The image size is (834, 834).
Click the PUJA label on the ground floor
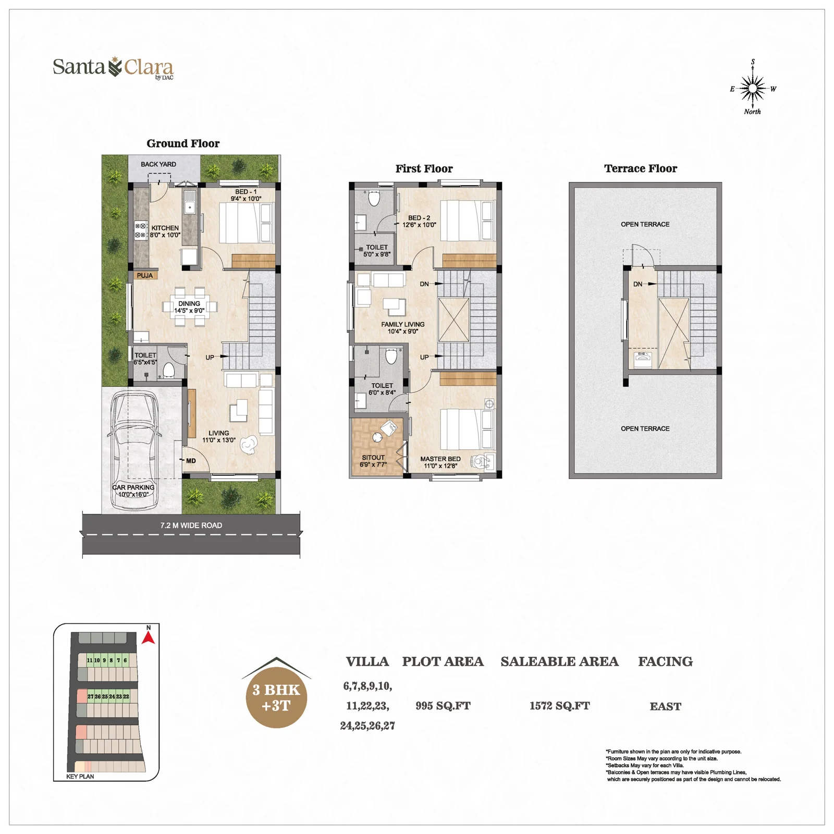145,276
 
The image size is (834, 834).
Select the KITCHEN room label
165,228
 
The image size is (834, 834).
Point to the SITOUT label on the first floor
373,457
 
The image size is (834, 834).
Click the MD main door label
191,461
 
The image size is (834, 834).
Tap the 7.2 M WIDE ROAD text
191,525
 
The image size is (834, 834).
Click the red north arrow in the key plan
149,637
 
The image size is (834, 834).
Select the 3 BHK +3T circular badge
276,697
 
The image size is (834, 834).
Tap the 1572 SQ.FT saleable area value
560,706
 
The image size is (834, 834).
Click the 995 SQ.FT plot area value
443,706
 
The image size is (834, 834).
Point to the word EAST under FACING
666,706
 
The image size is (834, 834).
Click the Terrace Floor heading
641,168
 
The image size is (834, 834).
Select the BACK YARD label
158,164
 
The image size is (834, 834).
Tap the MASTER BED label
440,459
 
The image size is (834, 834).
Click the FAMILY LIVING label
403,324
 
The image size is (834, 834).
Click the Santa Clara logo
113,68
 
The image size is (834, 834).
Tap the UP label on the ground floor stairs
210,358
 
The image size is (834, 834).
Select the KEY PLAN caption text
80,776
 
